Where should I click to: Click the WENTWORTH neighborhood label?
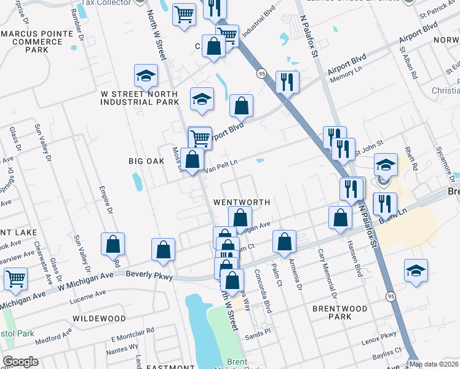point(242,202)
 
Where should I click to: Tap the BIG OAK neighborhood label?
point(146,161)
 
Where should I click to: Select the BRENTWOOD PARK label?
point(339,312)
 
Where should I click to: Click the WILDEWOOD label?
point(99,319)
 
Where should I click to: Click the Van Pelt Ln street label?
point(221,164)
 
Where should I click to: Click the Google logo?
point(20,362)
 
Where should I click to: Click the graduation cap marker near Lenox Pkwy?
point(416,269)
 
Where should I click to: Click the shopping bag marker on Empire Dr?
point(113,244)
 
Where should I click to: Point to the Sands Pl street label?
point(259,332)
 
